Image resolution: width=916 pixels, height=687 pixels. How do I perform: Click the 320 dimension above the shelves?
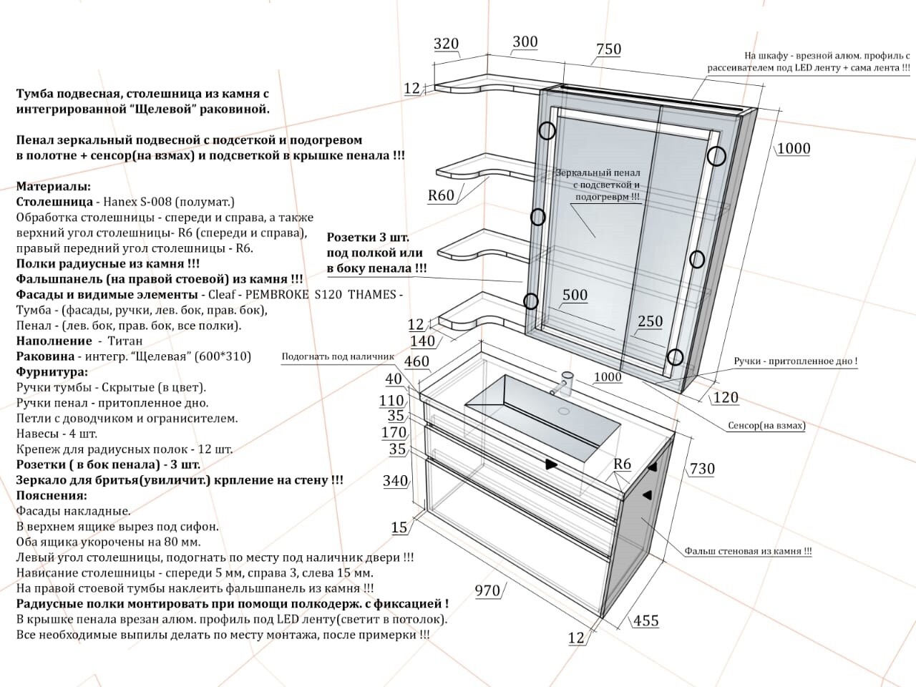(446, 44)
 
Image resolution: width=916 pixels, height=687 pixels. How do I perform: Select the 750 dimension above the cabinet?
(608, 49)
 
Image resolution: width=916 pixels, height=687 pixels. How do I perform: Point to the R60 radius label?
(441, 195)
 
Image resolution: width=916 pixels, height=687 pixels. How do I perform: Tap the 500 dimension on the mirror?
(575, 296)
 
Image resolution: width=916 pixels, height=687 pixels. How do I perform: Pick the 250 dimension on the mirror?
(650, 322)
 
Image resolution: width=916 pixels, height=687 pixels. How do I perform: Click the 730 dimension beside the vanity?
(701, 469)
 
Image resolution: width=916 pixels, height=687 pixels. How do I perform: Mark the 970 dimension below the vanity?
(487, 590)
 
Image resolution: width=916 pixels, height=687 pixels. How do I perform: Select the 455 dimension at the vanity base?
(645, 620)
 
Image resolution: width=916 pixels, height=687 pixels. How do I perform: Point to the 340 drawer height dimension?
(395, 481)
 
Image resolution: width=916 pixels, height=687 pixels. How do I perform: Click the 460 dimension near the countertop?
(416, 362)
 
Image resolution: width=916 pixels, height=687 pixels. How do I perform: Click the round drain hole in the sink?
(563, 411)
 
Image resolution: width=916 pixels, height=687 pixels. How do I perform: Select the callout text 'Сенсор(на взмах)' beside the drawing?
(766, 426)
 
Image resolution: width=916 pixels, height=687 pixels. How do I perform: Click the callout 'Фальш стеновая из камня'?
(748, 551)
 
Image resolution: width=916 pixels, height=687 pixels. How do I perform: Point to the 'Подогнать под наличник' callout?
(338, 356)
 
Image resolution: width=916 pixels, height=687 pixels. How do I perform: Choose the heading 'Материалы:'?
(53, 186)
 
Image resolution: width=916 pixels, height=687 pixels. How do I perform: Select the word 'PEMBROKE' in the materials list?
(270, 295)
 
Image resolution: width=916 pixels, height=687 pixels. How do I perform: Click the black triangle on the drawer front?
(551, 464)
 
